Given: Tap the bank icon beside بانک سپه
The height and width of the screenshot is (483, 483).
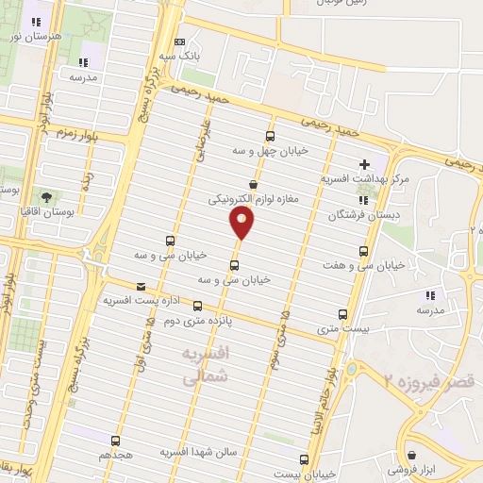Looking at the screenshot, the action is point(180,42).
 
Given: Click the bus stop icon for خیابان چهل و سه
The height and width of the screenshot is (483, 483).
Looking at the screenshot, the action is point(271,136).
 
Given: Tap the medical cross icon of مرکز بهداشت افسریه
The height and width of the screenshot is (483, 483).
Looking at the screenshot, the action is point(365,164).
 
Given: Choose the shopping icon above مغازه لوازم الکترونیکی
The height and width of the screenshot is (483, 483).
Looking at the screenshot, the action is point(253,185).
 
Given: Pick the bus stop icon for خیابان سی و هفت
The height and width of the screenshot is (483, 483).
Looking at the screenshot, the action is point(364,251).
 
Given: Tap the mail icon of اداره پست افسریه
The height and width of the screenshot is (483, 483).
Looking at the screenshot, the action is point(142,286).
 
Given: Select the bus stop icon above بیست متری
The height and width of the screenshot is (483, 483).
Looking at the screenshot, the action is point(341,315).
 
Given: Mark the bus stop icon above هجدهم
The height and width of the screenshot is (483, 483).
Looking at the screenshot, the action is point(115,441).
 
